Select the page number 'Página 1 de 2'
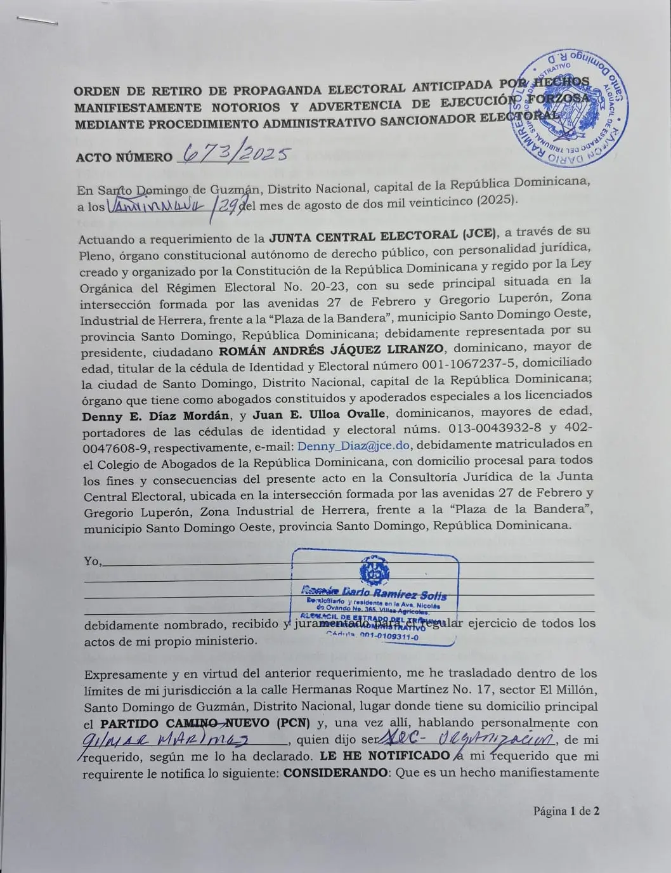click(x=566, y=810)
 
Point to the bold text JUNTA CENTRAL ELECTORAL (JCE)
click(x=384, y=237)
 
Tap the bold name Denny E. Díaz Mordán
click(x=155, y=416)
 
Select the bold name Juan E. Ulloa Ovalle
click(x=318, y=414)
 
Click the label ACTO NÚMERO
click(x=124, y=157)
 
